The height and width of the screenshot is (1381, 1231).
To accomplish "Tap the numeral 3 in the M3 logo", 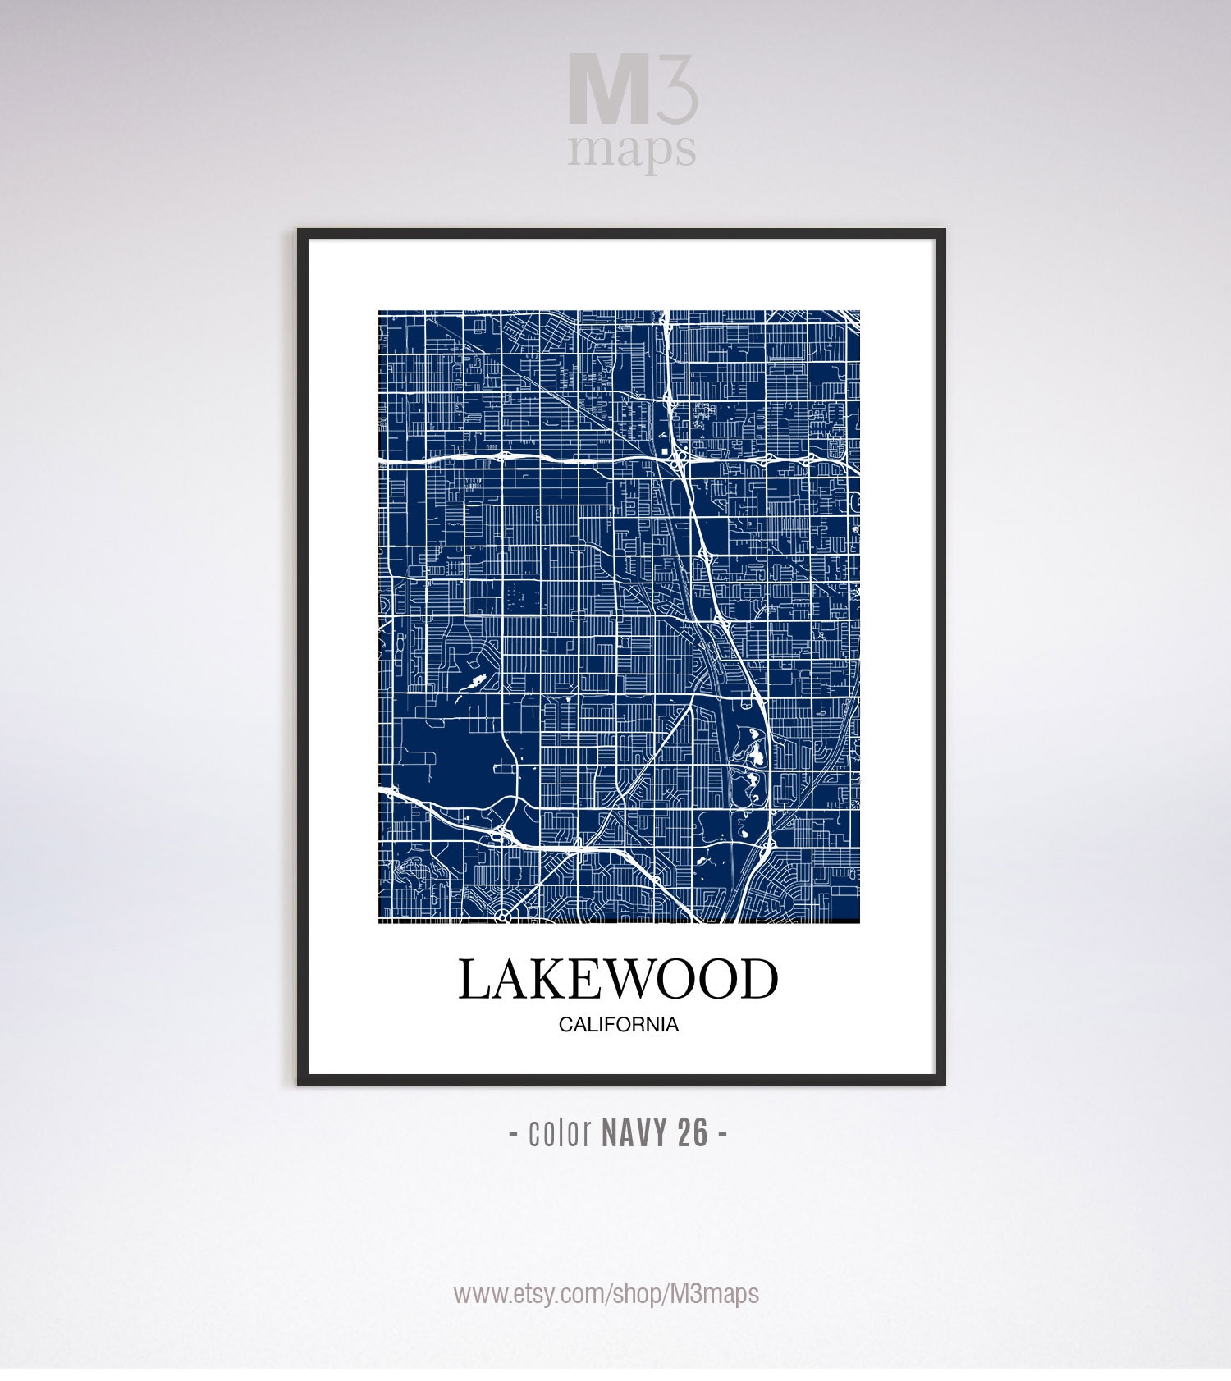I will (x=677, y=89).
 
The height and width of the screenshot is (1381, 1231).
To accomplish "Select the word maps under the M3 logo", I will (x=632, y=150).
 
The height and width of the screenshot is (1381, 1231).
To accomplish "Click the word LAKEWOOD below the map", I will (x=617, y=979).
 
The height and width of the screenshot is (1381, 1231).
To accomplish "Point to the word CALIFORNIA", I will (x=618, y=1025).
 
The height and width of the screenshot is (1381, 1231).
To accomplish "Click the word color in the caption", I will (x=561, y=1133).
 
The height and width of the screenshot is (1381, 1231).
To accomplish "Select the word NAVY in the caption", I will (x=636, y=1133).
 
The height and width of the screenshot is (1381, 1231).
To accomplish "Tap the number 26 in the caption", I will (x=693, y=1133).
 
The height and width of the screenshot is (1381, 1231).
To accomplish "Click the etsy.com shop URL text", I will (x=606, y=1294).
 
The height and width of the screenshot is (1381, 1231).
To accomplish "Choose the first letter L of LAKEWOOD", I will (x=474, y=979).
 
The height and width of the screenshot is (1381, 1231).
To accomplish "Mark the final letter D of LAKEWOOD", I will (x=759, y=979).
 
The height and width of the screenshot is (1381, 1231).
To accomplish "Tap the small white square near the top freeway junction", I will (x=664, y=450).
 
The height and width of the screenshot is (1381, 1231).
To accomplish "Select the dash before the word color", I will (x=513, y=1135).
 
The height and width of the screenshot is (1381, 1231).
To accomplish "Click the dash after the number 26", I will (x=721, y=1135).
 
